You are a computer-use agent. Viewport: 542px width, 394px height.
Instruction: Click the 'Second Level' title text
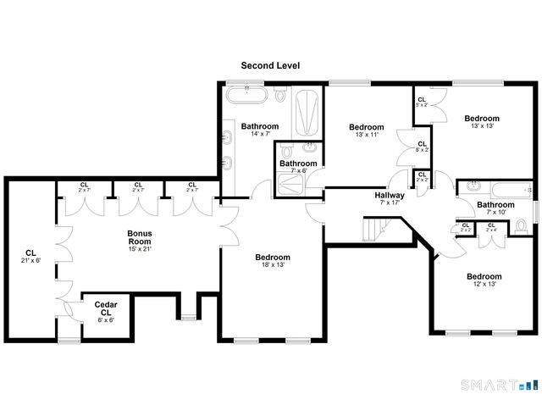pos(270,65)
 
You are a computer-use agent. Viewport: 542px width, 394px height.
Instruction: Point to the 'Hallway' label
pos(390,196)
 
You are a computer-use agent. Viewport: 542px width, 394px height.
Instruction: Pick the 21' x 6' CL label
pos(31,257)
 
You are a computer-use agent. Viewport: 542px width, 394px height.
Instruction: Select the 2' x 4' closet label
pos(491,227)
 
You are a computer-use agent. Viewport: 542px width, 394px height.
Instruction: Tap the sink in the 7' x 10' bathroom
pos(474,186)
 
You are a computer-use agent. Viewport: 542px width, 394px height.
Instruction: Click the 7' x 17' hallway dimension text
pos(390,203)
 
